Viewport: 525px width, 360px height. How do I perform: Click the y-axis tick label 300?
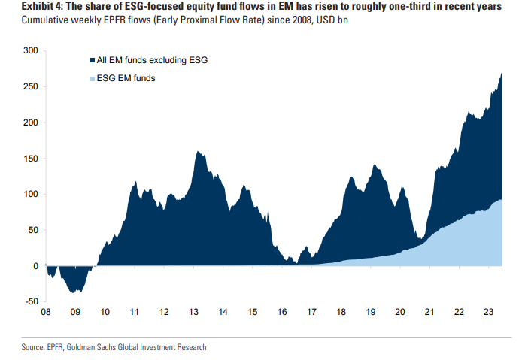[29, 50]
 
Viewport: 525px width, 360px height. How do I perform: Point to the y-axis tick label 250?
[29, 86]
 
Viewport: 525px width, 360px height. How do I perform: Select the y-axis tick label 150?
[29, 159]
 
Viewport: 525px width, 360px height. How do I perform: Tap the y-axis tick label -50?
[29, 302]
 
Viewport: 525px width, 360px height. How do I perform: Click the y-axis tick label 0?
[35, 266]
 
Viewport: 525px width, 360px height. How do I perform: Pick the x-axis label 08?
[46, 312]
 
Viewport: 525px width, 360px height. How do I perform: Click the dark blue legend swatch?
[90, 59]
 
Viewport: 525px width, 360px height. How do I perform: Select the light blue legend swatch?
[90, 77]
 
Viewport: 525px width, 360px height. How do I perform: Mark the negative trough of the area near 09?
[72, 292]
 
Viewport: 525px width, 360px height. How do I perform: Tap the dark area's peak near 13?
[198, 152]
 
